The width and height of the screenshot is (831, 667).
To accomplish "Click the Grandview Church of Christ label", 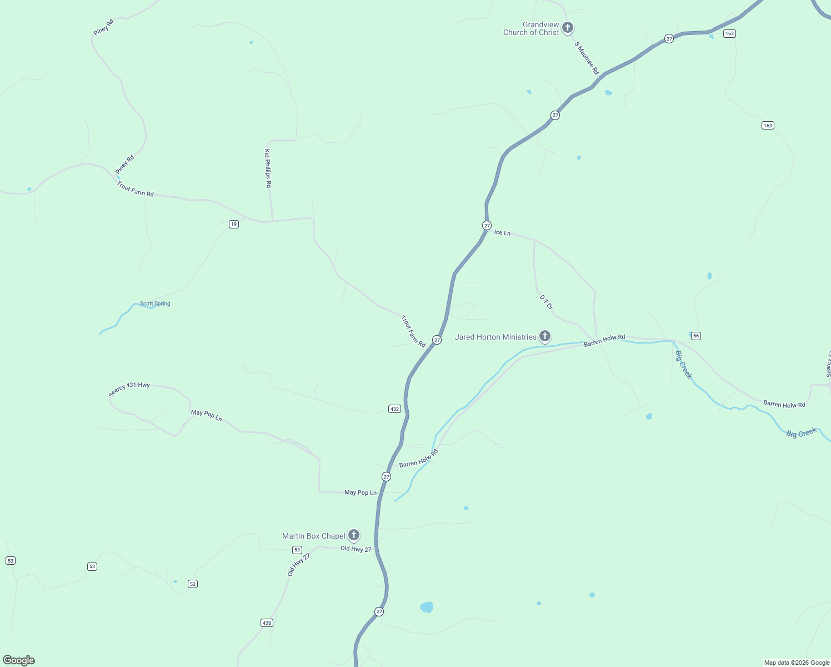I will (531, 29).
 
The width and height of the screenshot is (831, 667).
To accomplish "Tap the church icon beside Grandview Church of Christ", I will (567, 27).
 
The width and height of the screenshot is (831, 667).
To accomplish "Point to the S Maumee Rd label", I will (587, 58).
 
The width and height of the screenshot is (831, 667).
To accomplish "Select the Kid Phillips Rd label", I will (268, 168).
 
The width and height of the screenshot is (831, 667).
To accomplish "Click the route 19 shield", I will (234, 224).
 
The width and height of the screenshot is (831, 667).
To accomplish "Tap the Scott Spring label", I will (155, 303).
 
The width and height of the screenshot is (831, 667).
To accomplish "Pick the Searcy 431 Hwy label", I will (129, 388).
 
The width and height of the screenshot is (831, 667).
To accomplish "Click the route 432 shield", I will (394, 409).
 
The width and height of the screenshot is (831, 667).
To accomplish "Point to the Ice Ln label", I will (502, 232).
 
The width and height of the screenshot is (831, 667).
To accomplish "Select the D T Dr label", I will (546, 302).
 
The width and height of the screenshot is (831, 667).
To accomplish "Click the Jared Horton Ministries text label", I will (495, 337).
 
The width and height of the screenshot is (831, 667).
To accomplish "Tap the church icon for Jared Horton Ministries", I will (545, 336).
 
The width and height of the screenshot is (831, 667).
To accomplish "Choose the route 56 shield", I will (696, 336).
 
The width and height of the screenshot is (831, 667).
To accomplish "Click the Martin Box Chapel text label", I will (314, 536).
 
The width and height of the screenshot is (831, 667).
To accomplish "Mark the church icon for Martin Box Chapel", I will (353, 535).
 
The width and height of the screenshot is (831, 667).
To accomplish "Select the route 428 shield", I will (267, 623).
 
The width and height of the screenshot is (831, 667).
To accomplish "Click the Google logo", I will (19, 660).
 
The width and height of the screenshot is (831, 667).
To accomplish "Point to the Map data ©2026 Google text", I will (797, 663).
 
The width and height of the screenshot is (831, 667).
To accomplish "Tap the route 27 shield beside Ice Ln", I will (487, 225).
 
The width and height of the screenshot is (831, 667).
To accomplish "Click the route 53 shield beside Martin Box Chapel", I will (297, 550).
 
